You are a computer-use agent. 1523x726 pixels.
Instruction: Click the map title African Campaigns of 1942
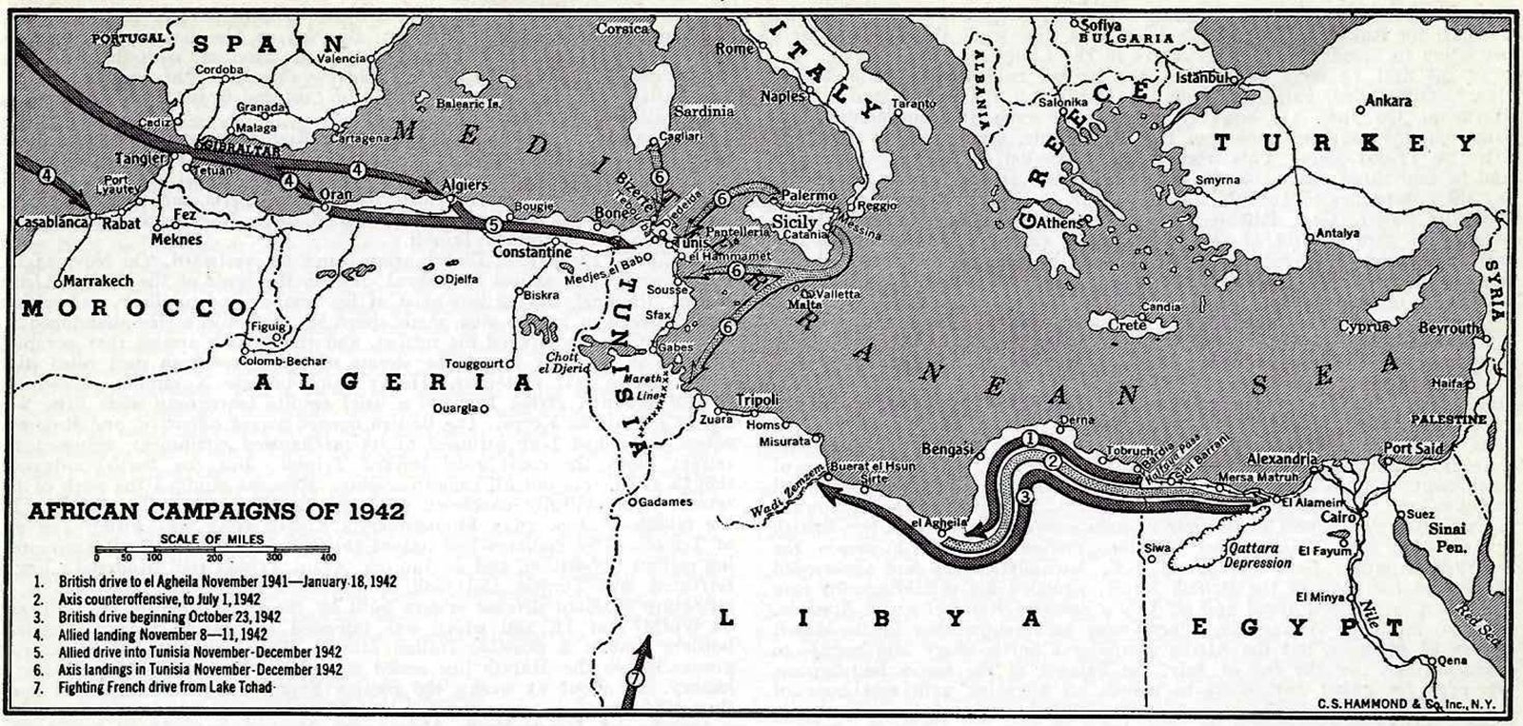tap(217, 511)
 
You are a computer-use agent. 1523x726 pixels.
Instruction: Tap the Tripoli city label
tap(758, 400)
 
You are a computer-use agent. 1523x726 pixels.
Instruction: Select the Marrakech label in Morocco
tap(95, 282)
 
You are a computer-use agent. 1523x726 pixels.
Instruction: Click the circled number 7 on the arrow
tap(636, 677)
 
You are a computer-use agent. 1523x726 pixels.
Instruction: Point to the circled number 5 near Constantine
tap(492, 226)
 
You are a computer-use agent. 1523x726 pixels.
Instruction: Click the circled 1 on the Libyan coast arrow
tap(1029, 439)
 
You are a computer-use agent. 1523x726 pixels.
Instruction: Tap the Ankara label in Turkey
tap(1388, 100)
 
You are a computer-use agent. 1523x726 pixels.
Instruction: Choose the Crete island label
tap(1127, 325)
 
